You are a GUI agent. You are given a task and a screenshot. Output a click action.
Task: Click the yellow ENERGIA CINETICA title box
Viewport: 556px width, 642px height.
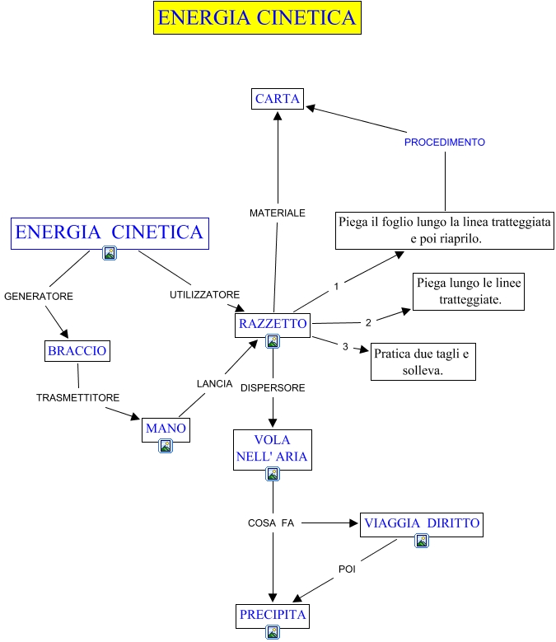pos(257,18)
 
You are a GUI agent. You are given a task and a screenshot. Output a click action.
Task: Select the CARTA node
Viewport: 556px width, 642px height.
pos(278,99)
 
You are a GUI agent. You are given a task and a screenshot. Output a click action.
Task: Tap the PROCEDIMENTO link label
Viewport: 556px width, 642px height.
pos(444,143)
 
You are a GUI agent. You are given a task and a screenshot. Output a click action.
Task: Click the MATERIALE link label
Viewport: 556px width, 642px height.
pos(278,213)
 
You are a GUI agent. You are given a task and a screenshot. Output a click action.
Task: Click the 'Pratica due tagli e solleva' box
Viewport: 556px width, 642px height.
pos(423,361)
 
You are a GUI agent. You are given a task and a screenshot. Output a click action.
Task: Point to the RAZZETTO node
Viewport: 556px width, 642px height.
pos(273,324)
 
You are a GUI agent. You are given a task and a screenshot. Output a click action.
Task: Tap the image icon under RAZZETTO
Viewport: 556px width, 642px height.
pos(273,340)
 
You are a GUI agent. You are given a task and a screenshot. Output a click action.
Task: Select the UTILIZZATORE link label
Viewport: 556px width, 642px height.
pos(204,294)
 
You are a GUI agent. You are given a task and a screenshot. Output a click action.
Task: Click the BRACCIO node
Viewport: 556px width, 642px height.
pos(77,351)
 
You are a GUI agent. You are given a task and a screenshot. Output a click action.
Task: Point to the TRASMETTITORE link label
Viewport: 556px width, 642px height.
pos(77,398)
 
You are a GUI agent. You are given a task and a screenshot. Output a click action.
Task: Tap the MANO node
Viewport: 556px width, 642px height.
pos(166,429)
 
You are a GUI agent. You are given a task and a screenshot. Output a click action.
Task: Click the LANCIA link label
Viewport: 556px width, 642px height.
pos(214,384)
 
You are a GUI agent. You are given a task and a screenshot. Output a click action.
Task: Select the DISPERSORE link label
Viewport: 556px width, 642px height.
pos(273,387)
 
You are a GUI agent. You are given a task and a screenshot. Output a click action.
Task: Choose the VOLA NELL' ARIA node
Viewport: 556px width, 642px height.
pos(273,449)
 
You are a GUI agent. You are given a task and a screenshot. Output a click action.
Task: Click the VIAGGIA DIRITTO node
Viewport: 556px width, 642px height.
pos(422,523)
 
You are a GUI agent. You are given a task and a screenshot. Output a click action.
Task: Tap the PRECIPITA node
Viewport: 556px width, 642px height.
pos(273,615)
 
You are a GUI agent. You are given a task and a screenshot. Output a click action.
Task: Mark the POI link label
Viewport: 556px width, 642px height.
pos(347,569)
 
